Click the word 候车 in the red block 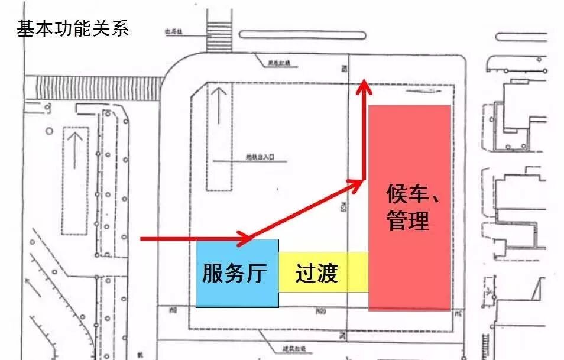408,193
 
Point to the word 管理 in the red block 408,221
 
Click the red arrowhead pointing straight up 365,87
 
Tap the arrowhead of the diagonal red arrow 357,184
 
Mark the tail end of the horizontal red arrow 142,239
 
